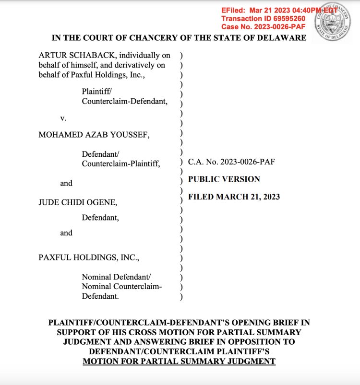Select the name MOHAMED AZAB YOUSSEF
(x=94, y=135)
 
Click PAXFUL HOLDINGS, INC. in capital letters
(x=89, y=257)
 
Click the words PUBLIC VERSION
(x=224, y=179)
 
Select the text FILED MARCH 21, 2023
(x=234, y=197)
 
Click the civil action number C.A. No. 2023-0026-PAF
(x=231, y=162)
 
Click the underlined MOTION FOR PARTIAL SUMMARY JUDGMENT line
(x=179, y=361)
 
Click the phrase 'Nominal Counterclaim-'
(x=121, y=287)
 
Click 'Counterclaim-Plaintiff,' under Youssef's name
(x=121, y=164)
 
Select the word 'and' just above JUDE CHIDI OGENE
(x=66, y=183)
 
